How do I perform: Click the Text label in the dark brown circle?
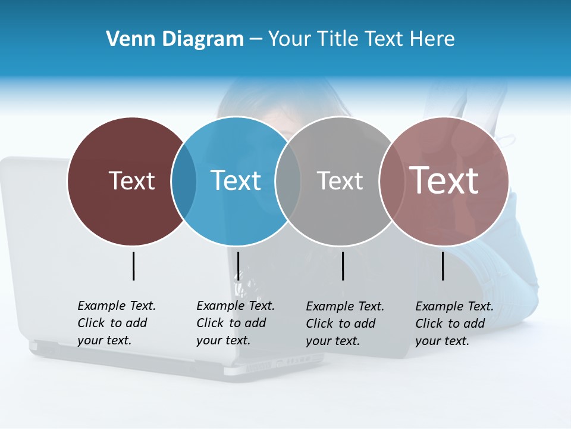[x=131, y=181]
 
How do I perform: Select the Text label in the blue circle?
[x=236, y=181]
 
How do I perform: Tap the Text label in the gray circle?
[x=340, y=181]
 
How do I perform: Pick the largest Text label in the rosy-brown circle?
[x=444, y=181]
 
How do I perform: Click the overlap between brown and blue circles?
[x=184, y=181]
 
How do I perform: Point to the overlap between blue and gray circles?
[x=288, y=181]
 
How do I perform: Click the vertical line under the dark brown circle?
[x=133, y=266]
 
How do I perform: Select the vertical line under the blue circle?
[x=238, y=266]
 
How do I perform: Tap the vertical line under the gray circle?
[x=343, y=266]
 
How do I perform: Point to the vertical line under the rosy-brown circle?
[x=443, y=266]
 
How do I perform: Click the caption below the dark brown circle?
[x=116, y=323]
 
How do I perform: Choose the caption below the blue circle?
[x=235, y=323]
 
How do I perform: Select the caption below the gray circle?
[x=344, y=324]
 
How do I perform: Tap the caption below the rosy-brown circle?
[x=454, y=324]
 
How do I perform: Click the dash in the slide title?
[x=256, y=39]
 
